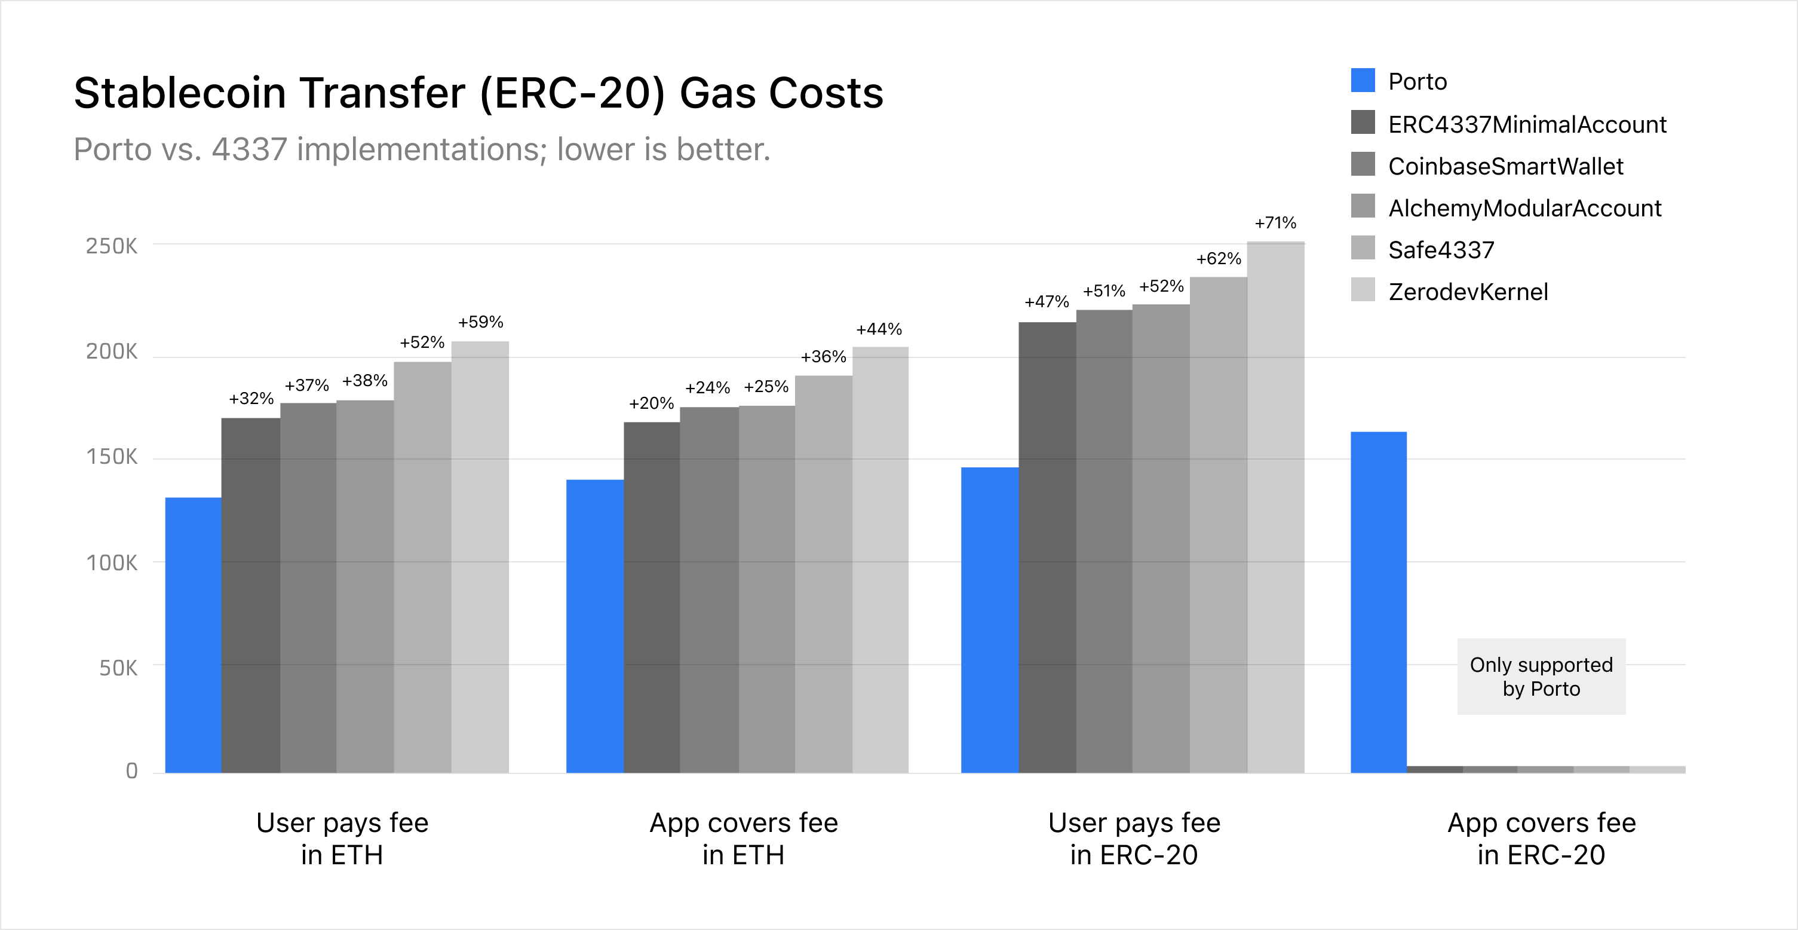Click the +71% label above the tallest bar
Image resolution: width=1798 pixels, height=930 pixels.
tap(1275, 223)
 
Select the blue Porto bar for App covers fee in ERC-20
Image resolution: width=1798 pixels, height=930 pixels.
tap(1379, 602)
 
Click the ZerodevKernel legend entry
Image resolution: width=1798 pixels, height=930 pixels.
tap(1468, 291)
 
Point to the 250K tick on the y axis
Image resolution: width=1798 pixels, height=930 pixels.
tap(112, 246)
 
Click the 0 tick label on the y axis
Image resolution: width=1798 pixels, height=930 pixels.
tap(131, 771)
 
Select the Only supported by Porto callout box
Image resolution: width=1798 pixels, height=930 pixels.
tap(1541, 676)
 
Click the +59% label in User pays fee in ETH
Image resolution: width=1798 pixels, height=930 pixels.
tap(480, 322)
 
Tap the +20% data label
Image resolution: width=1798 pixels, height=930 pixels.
tap(651, 403)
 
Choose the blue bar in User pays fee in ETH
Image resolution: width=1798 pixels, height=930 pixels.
tap(194, 635)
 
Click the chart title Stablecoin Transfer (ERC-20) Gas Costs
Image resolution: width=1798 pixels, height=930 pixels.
tap(478, 93)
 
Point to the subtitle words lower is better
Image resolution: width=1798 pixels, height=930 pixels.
tap(663, 149)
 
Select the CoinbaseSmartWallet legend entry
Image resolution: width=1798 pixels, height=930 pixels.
tap(1505, 166)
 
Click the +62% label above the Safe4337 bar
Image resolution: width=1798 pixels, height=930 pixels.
tap(1219, 258)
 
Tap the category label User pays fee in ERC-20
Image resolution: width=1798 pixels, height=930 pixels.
tap(1134, 838)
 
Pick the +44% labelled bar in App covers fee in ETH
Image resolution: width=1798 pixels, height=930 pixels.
tap(880, 559)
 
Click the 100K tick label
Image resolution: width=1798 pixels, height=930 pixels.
tap(112, 563)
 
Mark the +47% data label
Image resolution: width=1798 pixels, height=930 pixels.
tap(1047, 302)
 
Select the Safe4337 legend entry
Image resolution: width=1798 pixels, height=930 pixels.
tap(1441, 250)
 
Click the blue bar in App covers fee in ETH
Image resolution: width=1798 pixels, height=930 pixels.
tap(595, 626)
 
